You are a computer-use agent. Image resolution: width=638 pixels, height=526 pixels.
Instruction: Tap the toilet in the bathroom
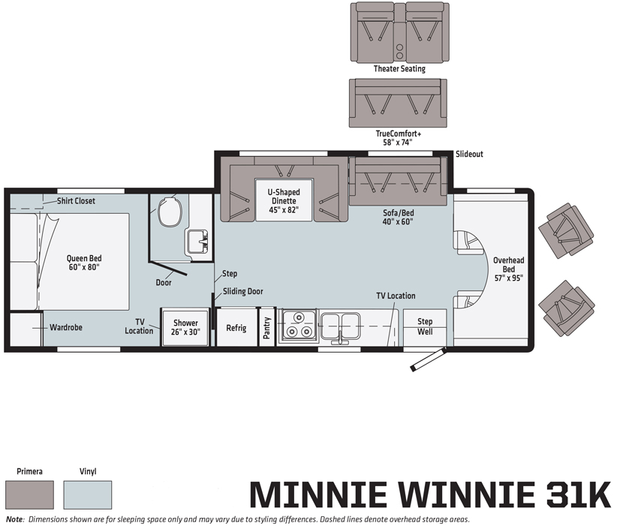(x=170, y=212)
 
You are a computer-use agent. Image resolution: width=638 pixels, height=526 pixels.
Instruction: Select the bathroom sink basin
(x=197, y=242)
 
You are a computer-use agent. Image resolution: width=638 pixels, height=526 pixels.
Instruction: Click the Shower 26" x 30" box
(x=185, y=327)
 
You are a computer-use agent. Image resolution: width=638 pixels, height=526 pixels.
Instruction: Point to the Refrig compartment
(x=236, y=327)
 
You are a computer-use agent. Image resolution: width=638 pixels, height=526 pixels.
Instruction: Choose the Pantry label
(x=267, y=328)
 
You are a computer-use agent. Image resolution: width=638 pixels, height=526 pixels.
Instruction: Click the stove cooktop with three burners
(x=298, y=325)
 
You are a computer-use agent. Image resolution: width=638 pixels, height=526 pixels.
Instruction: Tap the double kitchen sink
(x=340, y=326)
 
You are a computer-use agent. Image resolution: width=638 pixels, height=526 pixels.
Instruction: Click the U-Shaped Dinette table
(x=284, y=200)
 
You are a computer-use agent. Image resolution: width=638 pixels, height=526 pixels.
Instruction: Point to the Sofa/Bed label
(x=398, y=213)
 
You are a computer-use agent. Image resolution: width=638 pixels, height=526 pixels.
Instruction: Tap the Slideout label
(x=469, y=154)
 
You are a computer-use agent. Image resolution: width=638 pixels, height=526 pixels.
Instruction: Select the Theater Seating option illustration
(x=400, y=32)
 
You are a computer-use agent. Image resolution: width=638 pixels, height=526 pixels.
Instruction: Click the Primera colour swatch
(x=30, y=494)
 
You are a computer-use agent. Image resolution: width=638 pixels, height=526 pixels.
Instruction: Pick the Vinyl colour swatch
(x=88, y=494)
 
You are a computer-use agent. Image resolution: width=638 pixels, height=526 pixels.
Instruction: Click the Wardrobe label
(x=66, y=327)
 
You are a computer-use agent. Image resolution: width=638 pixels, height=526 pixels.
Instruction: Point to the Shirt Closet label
(x=76, y=201)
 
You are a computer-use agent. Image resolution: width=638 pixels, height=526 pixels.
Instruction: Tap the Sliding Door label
(x=243, y=292)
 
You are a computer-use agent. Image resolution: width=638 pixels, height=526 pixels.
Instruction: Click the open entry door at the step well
(x=428, y=359)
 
